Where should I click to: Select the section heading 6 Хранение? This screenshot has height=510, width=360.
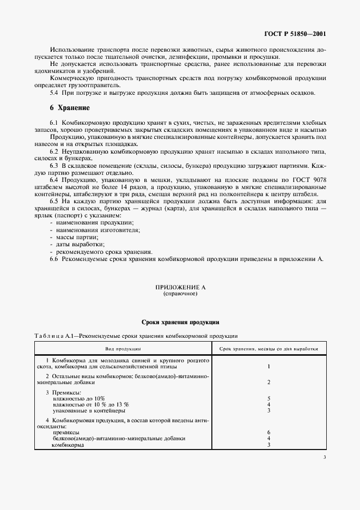point(70,108)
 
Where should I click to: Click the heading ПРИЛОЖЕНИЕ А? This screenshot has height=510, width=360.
point(180,287)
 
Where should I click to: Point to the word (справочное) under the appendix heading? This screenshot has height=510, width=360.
point(180,294)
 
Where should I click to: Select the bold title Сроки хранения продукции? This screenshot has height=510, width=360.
point(180,322)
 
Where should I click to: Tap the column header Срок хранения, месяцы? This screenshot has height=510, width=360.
point(269,348)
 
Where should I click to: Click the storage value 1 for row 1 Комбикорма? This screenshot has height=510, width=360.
point(269,366)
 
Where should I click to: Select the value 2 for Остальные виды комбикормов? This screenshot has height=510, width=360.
point(269,382)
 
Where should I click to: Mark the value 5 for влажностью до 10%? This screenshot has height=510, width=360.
point(269,399)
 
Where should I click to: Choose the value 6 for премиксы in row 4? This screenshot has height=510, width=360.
point(269,432)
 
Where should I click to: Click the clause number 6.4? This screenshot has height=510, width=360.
point(54,180)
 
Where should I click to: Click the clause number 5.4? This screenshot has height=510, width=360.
point(54,93)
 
